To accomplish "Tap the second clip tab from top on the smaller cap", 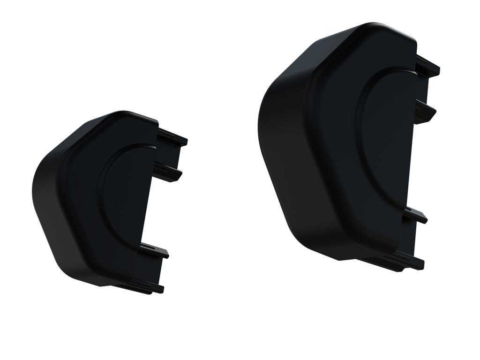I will click(x=170, y=173).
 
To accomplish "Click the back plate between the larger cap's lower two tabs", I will click(x=410, y=239).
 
